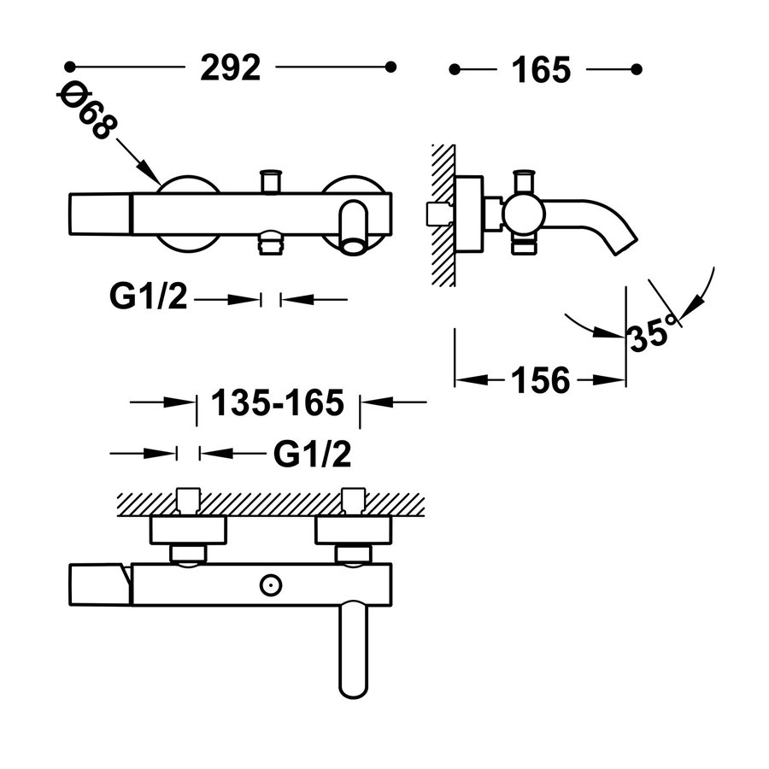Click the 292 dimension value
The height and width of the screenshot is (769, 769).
(230, 68)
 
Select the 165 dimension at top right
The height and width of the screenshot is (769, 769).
(541, 70)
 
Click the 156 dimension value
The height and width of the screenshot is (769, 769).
(541, 380)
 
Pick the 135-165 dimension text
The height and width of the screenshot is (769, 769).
(278, 402)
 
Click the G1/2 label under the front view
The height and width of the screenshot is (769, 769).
(148, 296)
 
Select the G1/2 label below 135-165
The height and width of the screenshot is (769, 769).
(313, 454)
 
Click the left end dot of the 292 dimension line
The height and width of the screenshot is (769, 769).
(70, 66)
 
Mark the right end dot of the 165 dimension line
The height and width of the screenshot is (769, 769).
(637, 70)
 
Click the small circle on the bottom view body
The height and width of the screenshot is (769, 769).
(271, 585)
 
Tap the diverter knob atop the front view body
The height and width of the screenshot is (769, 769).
(271, 181)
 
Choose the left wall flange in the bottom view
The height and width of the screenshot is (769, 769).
(188, 530)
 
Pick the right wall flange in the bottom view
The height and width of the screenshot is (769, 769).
(353, 530)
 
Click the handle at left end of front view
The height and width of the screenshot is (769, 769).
(100, 214)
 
